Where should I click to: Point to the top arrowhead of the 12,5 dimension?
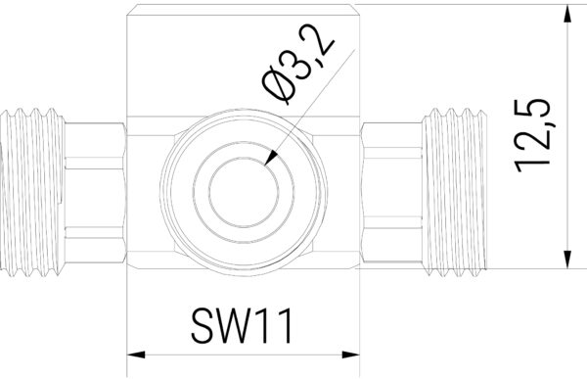[x=566, y=14]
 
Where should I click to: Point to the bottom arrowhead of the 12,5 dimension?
[x=566, y=259]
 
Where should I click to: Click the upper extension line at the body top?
[x=460, y=5]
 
